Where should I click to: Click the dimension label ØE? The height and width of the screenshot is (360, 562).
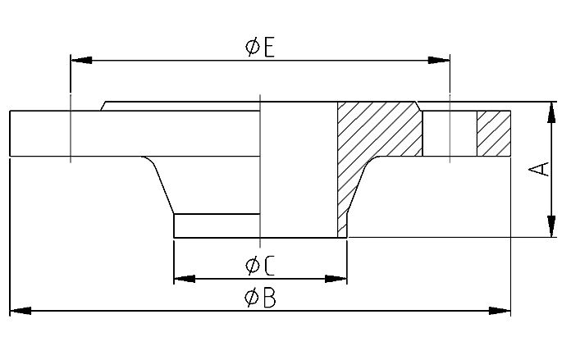click(260, 48)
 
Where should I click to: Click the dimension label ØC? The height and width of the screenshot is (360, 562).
click(260, 266)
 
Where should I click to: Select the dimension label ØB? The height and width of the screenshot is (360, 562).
click(260, 298)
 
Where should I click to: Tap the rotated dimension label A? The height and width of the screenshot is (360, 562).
click(539, 169)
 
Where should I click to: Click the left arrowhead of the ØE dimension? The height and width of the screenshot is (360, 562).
click(81, 60)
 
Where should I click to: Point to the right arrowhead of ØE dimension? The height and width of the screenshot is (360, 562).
click(439, 60)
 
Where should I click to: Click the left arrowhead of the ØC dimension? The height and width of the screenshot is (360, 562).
click(185, 279)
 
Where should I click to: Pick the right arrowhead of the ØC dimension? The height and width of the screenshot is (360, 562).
click(336, 279)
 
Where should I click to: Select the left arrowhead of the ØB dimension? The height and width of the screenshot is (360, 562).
click(21, 311)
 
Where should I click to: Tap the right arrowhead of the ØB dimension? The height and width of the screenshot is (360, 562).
click(500, 311)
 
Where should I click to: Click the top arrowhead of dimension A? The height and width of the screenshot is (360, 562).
click(551, 113)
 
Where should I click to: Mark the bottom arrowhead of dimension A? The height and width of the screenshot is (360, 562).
click(551, 226)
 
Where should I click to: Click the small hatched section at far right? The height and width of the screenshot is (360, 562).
click(494, 134)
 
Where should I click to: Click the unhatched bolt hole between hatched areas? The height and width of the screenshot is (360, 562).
click(450, 134)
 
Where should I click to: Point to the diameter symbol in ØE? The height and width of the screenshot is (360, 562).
click(253, 48)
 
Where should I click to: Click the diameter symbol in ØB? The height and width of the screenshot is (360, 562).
click(252, 298)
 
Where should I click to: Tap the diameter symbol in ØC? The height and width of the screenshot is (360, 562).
click(253, 266)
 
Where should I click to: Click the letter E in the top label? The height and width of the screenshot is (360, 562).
click(270, 48)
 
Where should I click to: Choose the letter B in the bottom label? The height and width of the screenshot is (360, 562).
click(270, 298)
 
